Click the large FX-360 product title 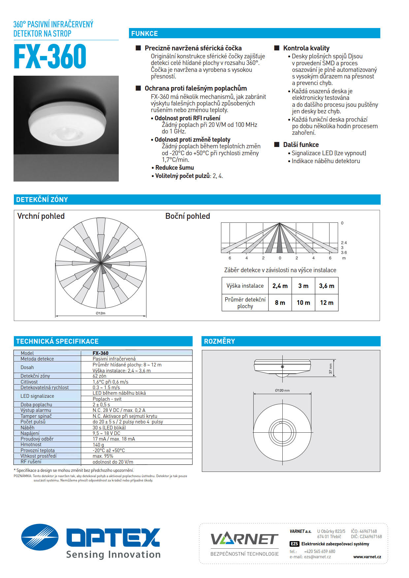pyautogui.click(x=50, y=57)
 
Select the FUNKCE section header pyautogui.click(x=144, y=34)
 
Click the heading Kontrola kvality pyautogui.click(x=306, y=48)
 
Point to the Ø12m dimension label pyautogui.click(x=101, y=313)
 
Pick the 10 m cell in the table pyautogui.click(x=303, y=303)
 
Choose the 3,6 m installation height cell pyautogui.click(x=326, y=286)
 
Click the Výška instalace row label pyautogui.click(x=245, y=286)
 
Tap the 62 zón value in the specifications pyautogui.click(x=99, y=376)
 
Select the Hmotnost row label pyautogui.click(x=31, y=445)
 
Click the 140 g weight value pyautogui.click(x=98, y=445)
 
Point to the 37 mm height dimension pyautogui.click(x=330, y=368)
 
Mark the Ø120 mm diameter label pyautogui.click(x=282, y=390)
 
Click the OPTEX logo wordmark pyautogui.click(x=113, y=537)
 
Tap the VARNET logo pyautogui.click(x=244, y=539)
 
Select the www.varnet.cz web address pyautogui.click(x=367, y=557)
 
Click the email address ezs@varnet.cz pyautogui.click(x=317, y=557)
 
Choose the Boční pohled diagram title pyautogui.click(x=187, y=216)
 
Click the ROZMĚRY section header pyautogui.click(x=219, y=341)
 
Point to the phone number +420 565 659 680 pyautogui.click(x=319, y=551)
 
